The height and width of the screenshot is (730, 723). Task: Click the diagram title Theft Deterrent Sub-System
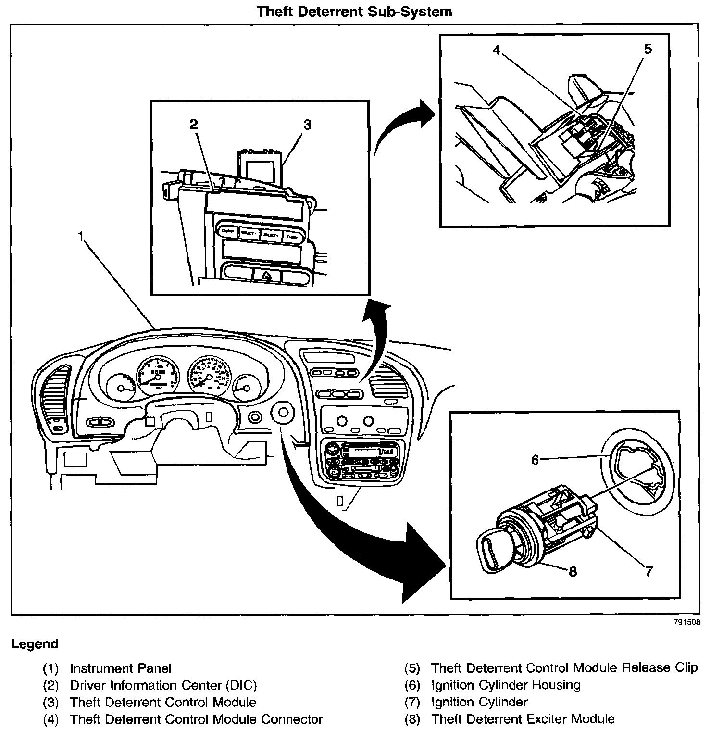coord(354,11)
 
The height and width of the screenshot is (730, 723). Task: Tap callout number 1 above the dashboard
coord(81,235)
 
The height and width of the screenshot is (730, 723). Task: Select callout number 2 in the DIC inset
coord(193,125)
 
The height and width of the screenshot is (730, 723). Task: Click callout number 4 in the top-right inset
coord(497,50)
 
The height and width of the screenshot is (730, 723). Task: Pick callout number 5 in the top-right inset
coord(648,49)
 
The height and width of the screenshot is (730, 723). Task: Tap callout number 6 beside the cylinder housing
coord(535,460)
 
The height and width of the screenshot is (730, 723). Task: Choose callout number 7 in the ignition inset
coord(649,571)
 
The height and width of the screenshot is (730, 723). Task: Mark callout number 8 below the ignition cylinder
coord(573,571)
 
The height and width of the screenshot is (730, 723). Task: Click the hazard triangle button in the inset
coord(266,276)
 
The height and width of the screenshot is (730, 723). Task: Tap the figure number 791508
coord(686,622)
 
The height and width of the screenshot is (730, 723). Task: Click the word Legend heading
coord(35,644)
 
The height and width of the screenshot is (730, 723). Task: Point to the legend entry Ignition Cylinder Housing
coord(506,685)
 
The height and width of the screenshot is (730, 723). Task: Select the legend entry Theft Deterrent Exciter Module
coord(523,719)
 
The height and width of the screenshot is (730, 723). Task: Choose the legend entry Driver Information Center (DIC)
coord(163,685)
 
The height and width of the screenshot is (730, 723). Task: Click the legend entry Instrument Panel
coord(120,668)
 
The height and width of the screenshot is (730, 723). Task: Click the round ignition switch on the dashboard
coord(283,413)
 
